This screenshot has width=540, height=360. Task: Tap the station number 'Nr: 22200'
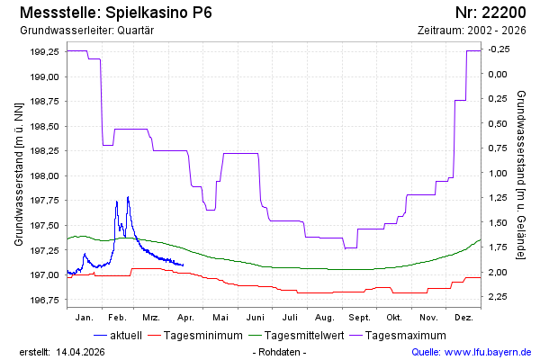(493, 12)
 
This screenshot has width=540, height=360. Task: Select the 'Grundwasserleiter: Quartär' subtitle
(86, 30)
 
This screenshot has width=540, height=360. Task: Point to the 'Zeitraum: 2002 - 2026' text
(472, 30)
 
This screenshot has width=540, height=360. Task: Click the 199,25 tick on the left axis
(44, 52)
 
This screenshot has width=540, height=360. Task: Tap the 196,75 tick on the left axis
(44, 300)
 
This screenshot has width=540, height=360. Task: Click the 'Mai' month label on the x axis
(220, 318)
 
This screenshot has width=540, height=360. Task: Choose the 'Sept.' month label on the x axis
(359, 318)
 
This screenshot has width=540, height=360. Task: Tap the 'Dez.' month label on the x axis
(463, 318)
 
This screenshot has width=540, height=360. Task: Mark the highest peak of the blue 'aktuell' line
(128, 196)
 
